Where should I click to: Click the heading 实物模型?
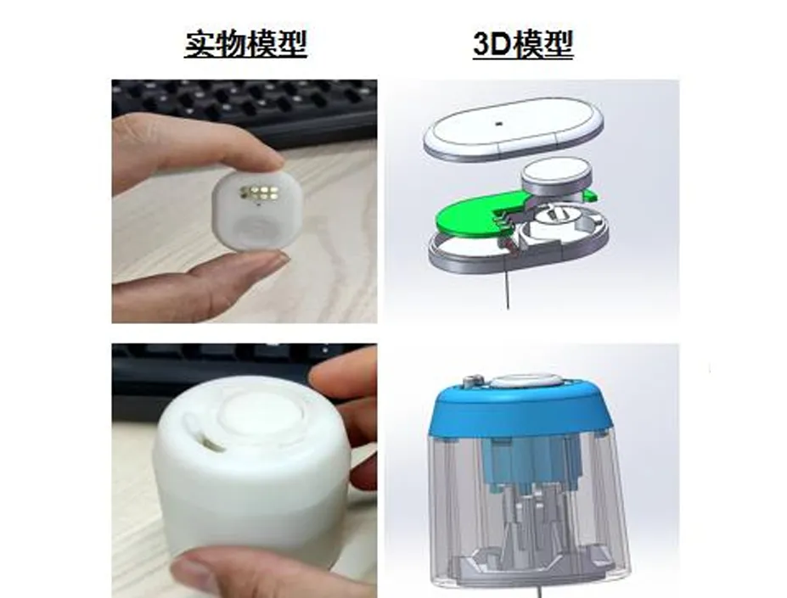click(x=245, y=44)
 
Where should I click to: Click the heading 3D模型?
click(x=523, y=44)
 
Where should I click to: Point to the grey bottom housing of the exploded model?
click(x=520, y=241)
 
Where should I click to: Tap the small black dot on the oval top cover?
click(x=497, y=123)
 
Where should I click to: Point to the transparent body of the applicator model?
click(x=527, y=506)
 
